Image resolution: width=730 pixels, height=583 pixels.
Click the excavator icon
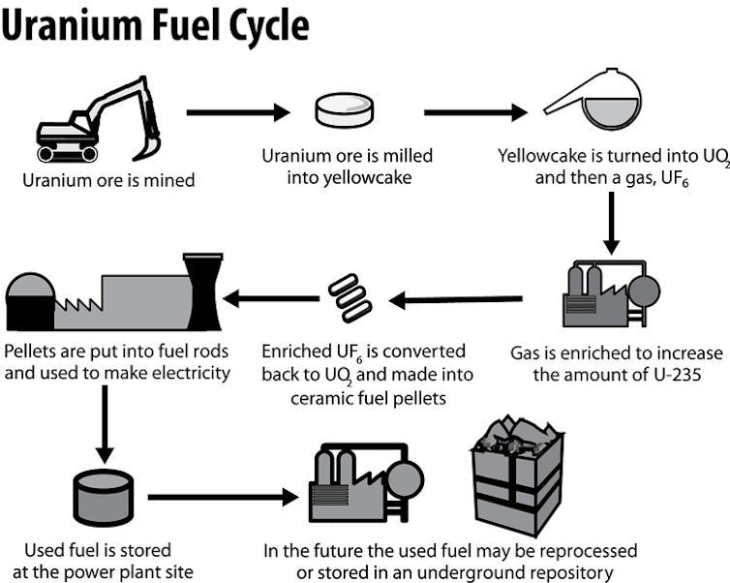click(97, 121)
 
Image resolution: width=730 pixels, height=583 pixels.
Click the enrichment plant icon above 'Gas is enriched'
click(609, 291)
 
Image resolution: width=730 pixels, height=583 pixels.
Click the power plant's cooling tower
click(203, 291)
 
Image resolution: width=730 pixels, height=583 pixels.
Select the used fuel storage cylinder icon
click(104, 498)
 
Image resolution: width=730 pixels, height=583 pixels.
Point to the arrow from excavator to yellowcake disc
click(238, 112)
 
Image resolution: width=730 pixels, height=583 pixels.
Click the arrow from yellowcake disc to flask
click(474, 112)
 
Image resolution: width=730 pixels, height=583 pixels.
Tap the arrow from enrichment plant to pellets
click(455, 300)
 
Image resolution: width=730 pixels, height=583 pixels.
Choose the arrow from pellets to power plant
click(272, 299)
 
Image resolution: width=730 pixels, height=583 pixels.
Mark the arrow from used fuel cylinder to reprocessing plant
click(223, 498)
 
